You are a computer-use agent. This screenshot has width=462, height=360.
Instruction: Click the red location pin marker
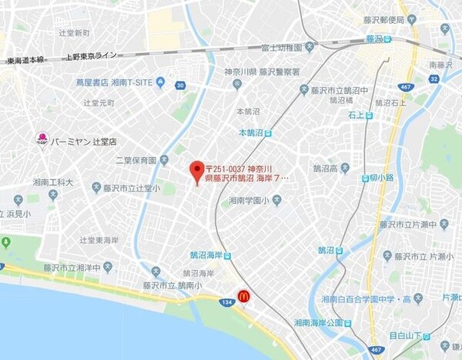click(196, 170)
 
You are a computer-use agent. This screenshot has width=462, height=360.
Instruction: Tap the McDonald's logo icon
click(243, 295)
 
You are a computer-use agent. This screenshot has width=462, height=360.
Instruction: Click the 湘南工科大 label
click(53, 183)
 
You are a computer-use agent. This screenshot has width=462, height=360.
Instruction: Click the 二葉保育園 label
click(136, 161)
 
